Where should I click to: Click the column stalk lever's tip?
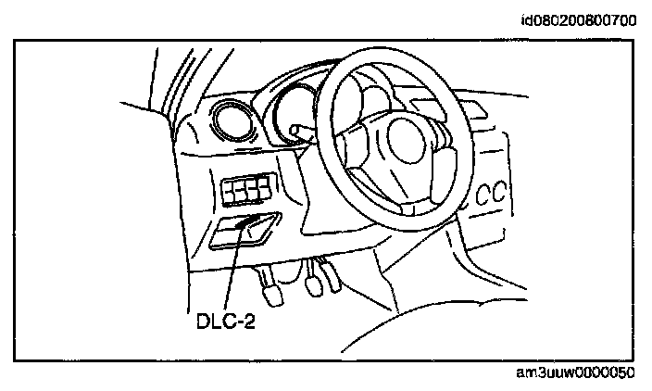tap(295, 131)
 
